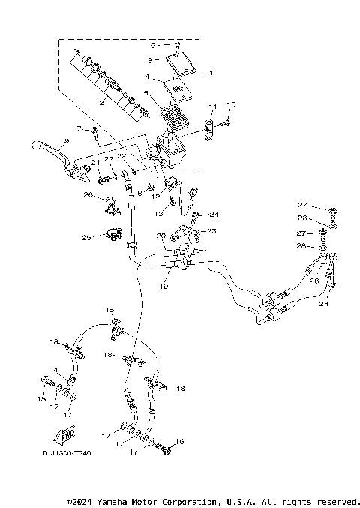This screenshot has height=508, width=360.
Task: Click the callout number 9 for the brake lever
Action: click(x=67, y=141)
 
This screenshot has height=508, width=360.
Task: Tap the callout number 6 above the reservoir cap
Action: click(x=153, y=46)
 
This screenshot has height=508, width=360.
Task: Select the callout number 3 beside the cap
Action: click(x=150, y=59)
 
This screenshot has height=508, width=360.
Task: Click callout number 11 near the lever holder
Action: click(x=212, y=107)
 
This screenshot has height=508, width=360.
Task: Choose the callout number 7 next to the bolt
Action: click(x=77, y=130)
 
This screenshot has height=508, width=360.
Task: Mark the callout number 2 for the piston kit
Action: click(x=102, y=104)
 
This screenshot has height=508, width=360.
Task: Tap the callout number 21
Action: click(x=95, y=162)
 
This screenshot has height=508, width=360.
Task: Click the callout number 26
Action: click(x=88, y=195)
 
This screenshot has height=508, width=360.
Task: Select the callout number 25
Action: click(x=87, y=237)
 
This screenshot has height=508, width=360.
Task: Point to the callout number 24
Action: click(x=214, y=214)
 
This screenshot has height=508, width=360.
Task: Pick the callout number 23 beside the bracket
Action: click(x=211, y=230)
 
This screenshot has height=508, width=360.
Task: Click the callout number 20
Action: click(x=160, y=236)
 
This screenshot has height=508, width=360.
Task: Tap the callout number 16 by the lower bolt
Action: click(x=180, y=441)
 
